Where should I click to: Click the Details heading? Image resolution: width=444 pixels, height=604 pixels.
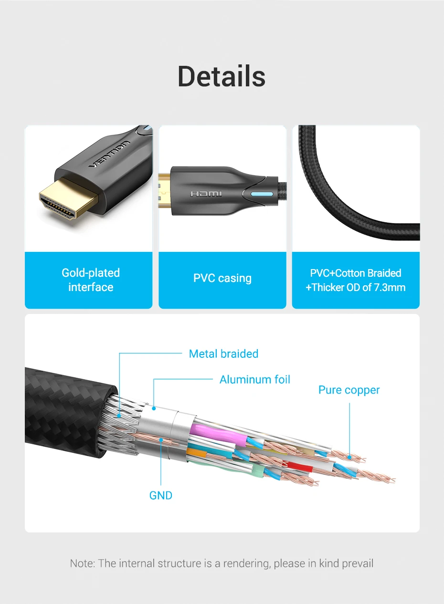pyautogui.click(x=222, y=77)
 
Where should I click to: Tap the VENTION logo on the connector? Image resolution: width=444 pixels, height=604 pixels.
pyautogui.click(x=109, y=154)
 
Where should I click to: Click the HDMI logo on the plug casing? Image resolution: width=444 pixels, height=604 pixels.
pyautogui.click(x=206, y=194)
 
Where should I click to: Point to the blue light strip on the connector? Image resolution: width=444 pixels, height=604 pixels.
pyautogui.click(x=262, y=194)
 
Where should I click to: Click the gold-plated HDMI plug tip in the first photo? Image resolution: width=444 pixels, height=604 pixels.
pyautogui.click(x=69, y=199)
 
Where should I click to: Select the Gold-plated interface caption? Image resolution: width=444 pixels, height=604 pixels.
pyautogui.click(x=91, y=280)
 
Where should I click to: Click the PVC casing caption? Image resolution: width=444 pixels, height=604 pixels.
pyautogui.click(x=222, y=278)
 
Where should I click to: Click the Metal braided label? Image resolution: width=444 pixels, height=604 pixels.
pyautogui.click(x=223, y=354)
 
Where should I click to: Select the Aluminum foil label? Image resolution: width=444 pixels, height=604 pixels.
pyautogui.click(x=255, y=380)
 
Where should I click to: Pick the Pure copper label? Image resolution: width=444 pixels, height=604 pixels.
pyautogui.click(x=349, y=390)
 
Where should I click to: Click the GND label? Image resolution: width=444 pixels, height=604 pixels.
pyautogui.click(x=160, y=496)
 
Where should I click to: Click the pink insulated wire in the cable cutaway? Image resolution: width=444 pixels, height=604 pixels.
pyautogui.click(x=218, y=435)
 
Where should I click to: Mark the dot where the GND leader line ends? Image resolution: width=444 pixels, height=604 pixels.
pyautogui.click(x=161, y=440)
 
